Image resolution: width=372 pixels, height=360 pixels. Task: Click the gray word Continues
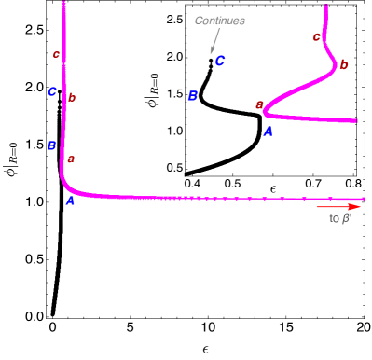coord(219,21)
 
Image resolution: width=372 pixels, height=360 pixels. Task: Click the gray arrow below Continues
coord(214,42)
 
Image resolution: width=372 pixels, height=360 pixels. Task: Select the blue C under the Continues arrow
coord(220,62)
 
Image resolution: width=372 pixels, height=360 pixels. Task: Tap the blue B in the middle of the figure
coord(193,96)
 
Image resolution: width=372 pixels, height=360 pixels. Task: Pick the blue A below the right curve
coord(268,132)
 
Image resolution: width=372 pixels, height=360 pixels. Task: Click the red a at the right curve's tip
coord(258,105)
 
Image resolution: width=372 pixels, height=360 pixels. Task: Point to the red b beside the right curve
coord(344,64)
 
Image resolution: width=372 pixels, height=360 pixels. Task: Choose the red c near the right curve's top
coord(316,37)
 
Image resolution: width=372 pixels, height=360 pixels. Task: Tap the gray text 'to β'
coord(339,219)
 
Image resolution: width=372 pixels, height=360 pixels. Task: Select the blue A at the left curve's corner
coord(70,201)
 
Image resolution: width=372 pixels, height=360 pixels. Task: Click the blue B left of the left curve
coord(52,145)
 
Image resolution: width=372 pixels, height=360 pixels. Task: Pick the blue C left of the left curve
coord(52,91)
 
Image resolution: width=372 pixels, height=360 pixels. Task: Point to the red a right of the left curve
coord(71,159)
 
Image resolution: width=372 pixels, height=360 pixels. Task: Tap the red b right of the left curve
coord(73,98)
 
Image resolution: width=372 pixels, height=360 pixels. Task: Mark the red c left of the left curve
coord(56,54)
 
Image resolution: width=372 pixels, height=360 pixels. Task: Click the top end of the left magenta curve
coord(63,4)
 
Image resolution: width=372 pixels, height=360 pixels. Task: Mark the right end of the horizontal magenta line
coord(363,199)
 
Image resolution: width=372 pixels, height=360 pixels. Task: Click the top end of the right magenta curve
coord(325,7)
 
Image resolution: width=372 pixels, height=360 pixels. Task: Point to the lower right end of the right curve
coord(356,120)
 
